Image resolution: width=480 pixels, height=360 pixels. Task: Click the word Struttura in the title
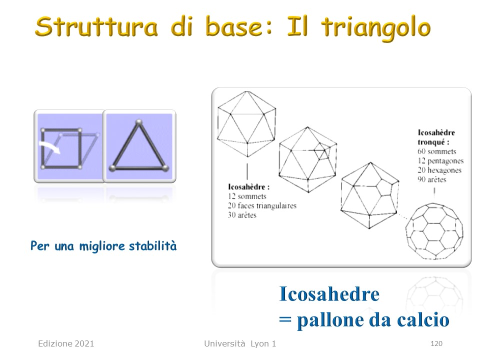click(x=96, y=26)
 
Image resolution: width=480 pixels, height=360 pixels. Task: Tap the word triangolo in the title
click(x=376, y=27)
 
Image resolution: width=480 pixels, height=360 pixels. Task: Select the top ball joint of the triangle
click(x=139, y=122)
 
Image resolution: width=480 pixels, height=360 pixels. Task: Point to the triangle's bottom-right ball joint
click(x=165, y=168)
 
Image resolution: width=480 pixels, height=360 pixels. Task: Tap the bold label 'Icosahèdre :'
click(x=248, y=186)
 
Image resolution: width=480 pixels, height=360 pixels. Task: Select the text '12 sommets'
click(x=247, y=196)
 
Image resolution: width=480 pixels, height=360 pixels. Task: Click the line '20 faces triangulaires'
click(x=262, y=205)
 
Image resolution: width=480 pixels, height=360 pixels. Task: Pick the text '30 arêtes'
click(x=242, y=215)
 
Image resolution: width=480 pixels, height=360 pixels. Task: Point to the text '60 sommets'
click(x=437, y=151)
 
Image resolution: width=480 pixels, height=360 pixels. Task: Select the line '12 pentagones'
click(x=440, y=160)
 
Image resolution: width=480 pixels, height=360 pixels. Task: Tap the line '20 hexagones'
click(x=439, y=170)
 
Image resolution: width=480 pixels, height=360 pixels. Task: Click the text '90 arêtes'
click(x=432, y=179)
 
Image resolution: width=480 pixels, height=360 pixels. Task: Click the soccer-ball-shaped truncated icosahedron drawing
click(x=434, y=231)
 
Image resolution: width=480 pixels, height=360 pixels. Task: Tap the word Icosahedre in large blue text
click(x=329, y=294)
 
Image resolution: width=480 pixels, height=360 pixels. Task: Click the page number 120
click(x=436, y=343)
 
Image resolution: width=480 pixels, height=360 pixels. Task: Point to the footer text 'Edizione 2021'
click(x=66, y=343)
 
